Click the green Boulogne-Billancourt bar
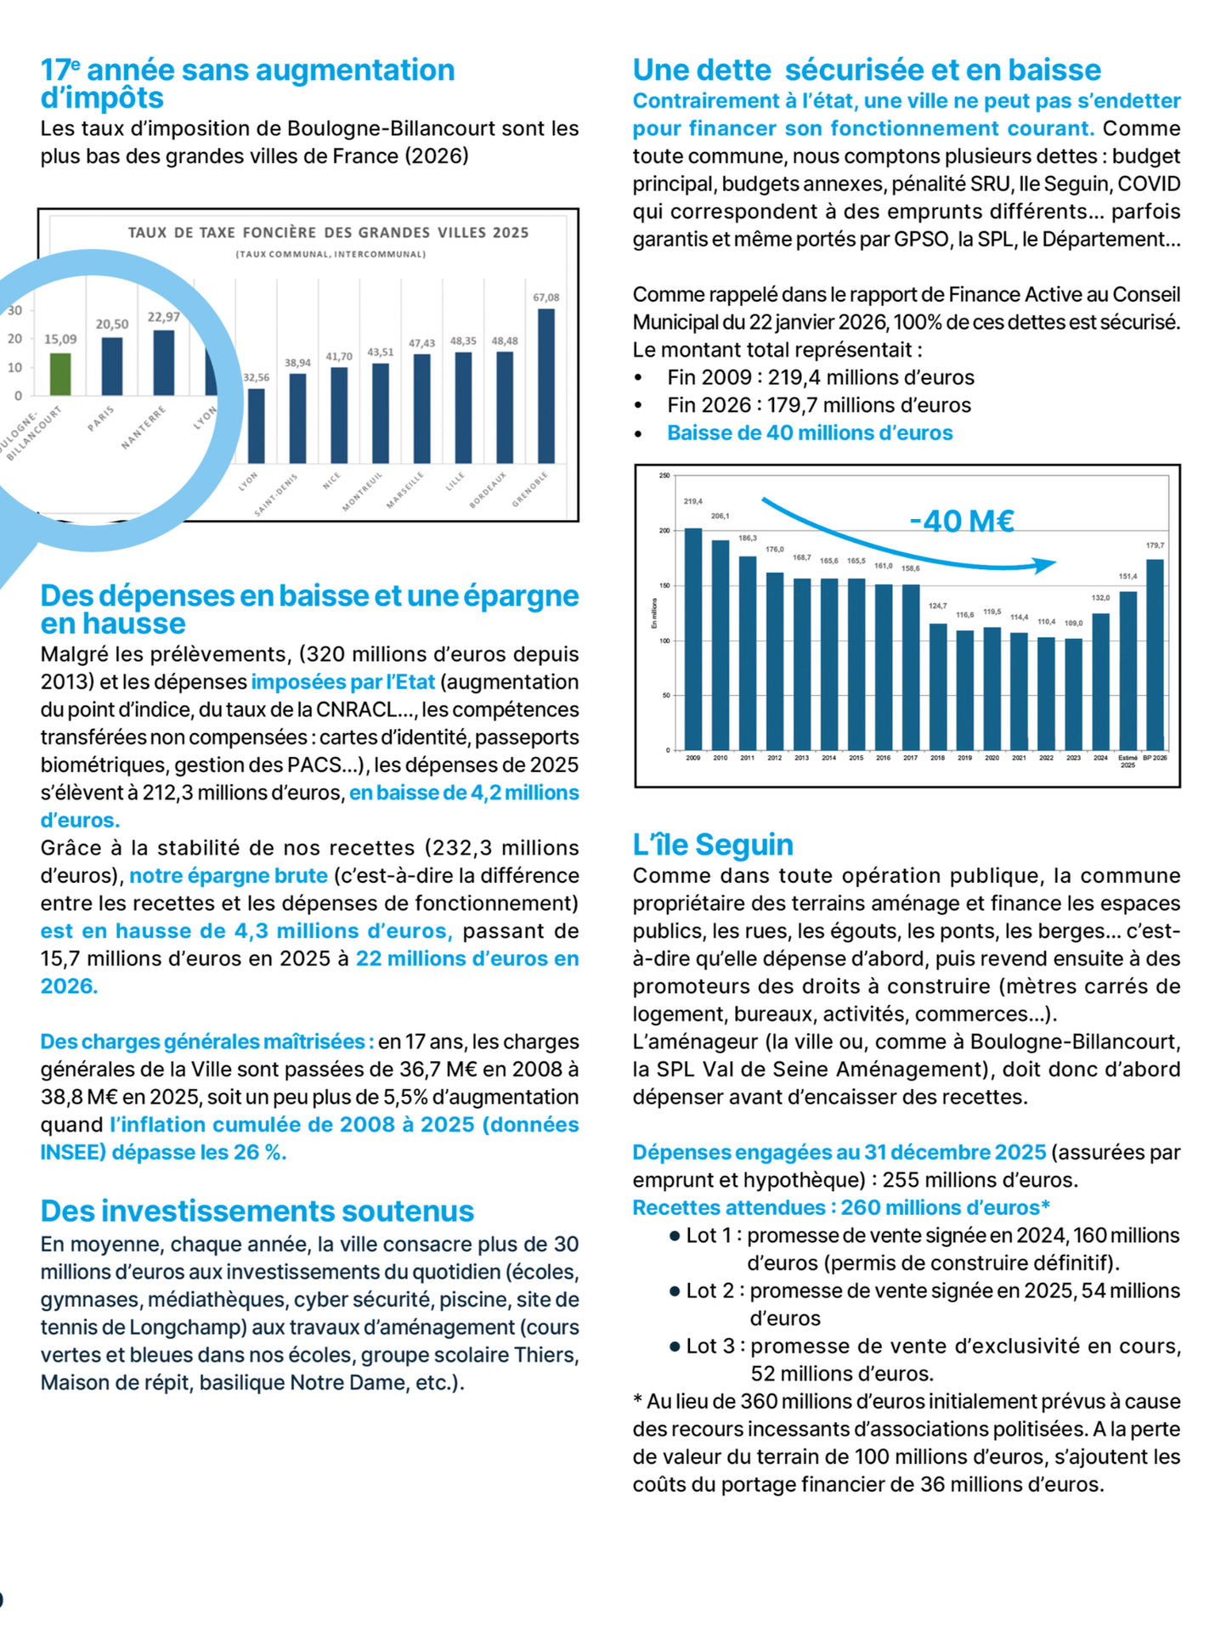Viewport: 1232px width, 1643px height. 59,374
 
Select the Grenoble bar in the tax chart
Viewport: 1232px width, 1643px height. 546,386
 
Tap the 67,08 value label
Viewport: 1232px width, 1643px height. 546,297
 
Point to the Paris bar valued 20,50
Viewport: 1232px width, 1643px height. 112,366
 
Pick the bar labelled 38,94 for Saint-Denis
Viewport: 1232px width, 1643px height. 297,418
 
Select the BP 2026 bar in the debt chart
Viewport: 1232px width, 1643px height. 1155,654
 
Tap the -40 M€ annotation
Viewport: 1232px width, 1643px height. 961,521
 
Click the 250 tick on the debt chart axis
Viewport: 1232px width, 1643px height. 664,476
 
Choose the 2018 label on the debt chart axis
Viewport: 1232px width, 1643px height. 937,758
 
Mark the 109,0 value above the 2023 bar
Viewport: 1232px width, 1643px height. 1073,624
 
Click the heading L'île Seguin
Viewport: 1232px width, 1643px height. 713,844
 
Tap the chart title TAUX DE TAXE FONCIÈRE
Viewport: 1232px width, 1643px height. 328,233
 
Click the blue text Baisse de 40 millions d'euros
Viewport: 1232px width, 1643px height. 810,433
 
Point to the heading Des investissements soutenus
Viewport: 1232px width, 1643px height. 257,1211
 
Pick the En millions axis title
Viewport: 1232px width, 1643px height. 654,613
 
